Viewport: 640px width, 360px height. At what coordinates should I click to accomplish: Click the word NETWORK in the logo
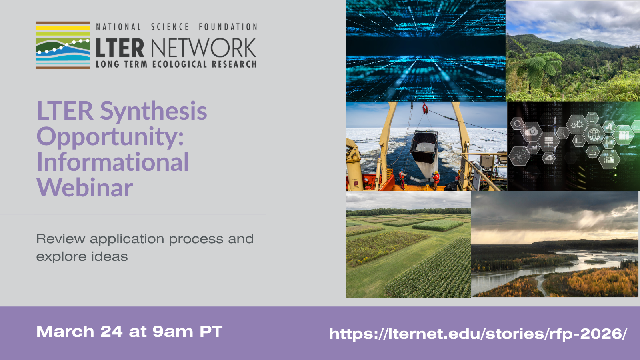(x=204, y=48)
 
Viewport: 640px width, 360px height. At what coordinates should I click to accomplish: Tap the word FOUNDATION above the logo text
(x=228, y=27)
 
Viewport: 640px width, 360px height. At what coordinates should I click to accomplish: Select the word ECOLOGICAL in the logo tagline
(x=180, y=64)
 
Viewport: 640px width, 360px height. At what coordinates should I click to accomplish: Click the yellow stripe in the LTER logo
(x=63, y=28)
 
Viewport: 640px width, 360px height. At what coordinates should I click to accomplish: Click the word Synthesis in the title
(x=154, y=111)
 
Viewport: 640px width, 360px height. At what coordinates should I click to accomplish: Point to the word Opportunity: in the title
(x=110, y=137)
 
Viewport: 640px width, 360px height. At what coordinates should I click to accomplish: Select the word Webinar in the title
(x=85, y=188)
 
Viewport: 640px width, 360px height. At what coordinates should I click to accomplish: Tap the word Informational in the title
(x=113, y=162)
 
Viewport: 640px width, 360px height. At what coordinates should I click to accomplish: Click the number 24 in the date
(x=112, y=332)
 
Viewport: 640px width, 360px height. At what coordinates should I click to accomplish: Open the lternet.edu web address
(x=478, y=334)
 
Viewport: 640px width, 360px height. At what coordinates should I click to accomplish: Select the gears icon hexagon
(x=576, y=125)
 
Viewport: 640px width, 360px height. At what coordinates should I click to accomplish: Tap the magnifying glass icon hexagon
(x=562, y=132)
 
